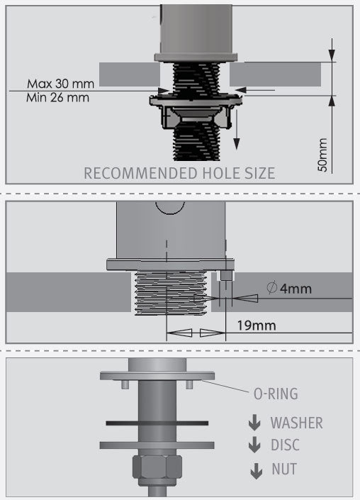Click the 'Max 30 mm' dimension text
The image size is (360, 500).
60,84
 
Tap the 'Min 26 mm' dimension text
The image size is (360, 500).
57,97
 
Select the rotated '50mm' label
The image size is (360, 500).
322,155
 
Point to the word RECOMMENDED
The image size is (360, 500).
141,173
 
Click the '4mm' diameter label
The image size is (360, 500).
296,289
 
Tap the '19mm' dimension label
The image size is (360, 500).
257,326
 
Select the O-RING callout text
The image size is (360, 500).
276,394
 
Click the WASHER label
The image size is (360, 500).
297,423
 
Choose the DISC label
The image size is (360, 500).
285,445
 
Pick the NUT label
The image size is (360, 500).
284,469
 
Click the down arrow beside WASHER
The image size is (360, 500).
254,423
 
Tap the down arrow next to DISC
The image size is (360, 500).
254,445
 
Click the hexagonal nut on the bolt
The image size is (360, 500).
157,467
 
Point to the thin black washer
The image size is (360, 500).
157,423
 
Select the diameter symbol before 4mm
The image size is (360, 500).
271,288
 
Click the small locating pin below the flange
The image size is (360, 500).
226,275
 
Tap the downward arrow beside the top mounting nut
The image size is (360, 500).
237,130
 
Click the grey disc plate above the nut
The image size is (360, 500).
157,445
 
